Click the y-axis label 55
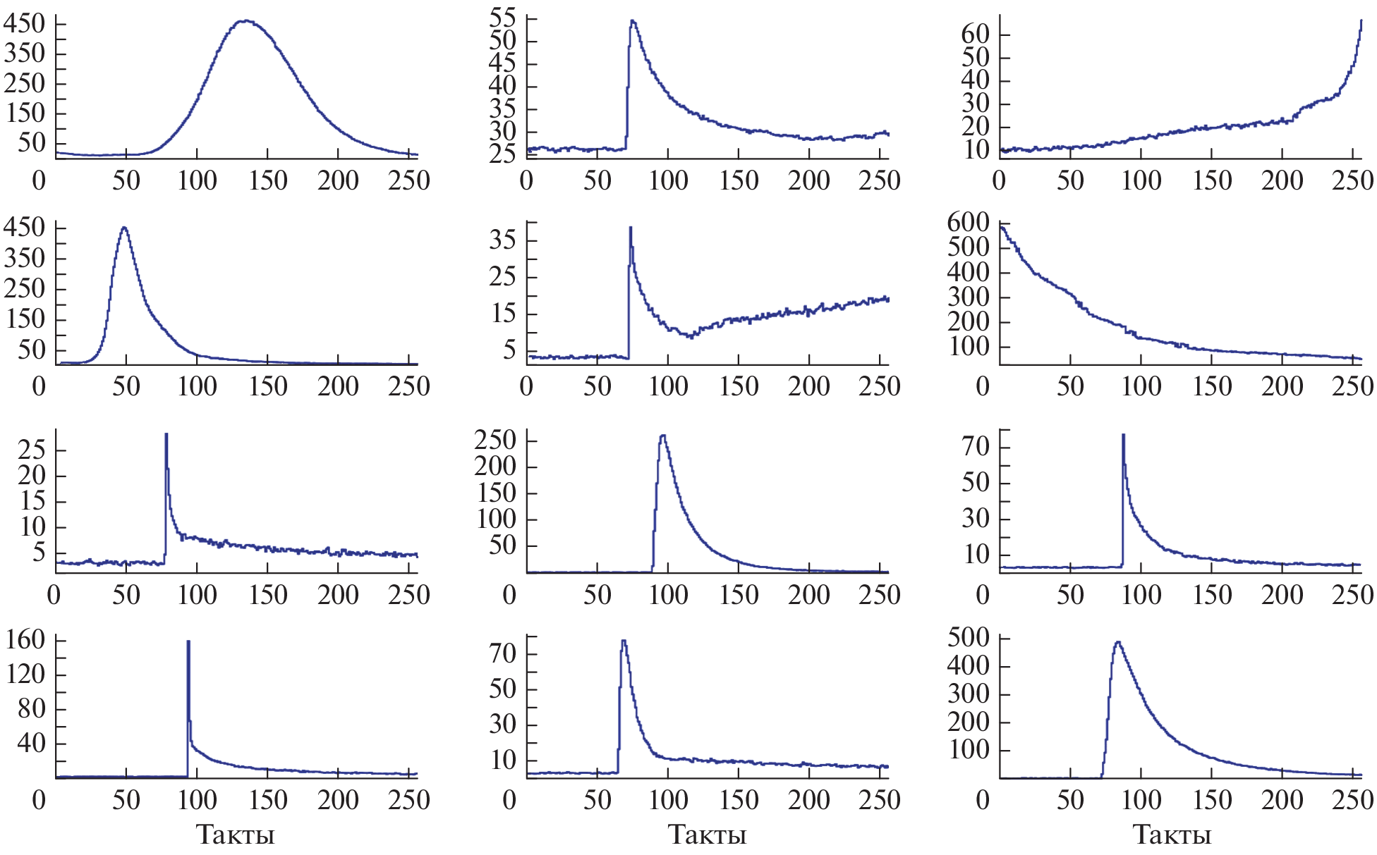click(502, 18)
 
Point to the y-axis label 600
click(968, 223)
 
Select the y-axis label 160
click(25, 640)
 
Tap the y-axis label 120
click(25, 675)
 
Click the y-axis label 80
click(32, 708)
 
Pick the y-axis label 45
click(502, 63)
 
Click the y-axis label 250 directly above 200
click(495, 441)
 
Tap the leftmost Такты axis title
click(235, 835)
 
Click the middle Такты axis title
click(707, 835)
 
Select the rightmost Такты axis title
click(1172, 835)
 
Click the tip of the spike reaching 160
click(188, 641)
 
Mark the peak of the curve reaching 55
click(632, 21)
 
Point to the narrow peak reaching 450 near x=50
click(124, 228)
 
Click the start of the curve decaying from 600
click(1001, 226)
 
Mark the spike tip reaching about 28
click(166, 434)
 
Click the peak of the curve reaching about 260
click(662, 436)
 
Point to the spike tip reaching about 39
click(630, 228)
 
